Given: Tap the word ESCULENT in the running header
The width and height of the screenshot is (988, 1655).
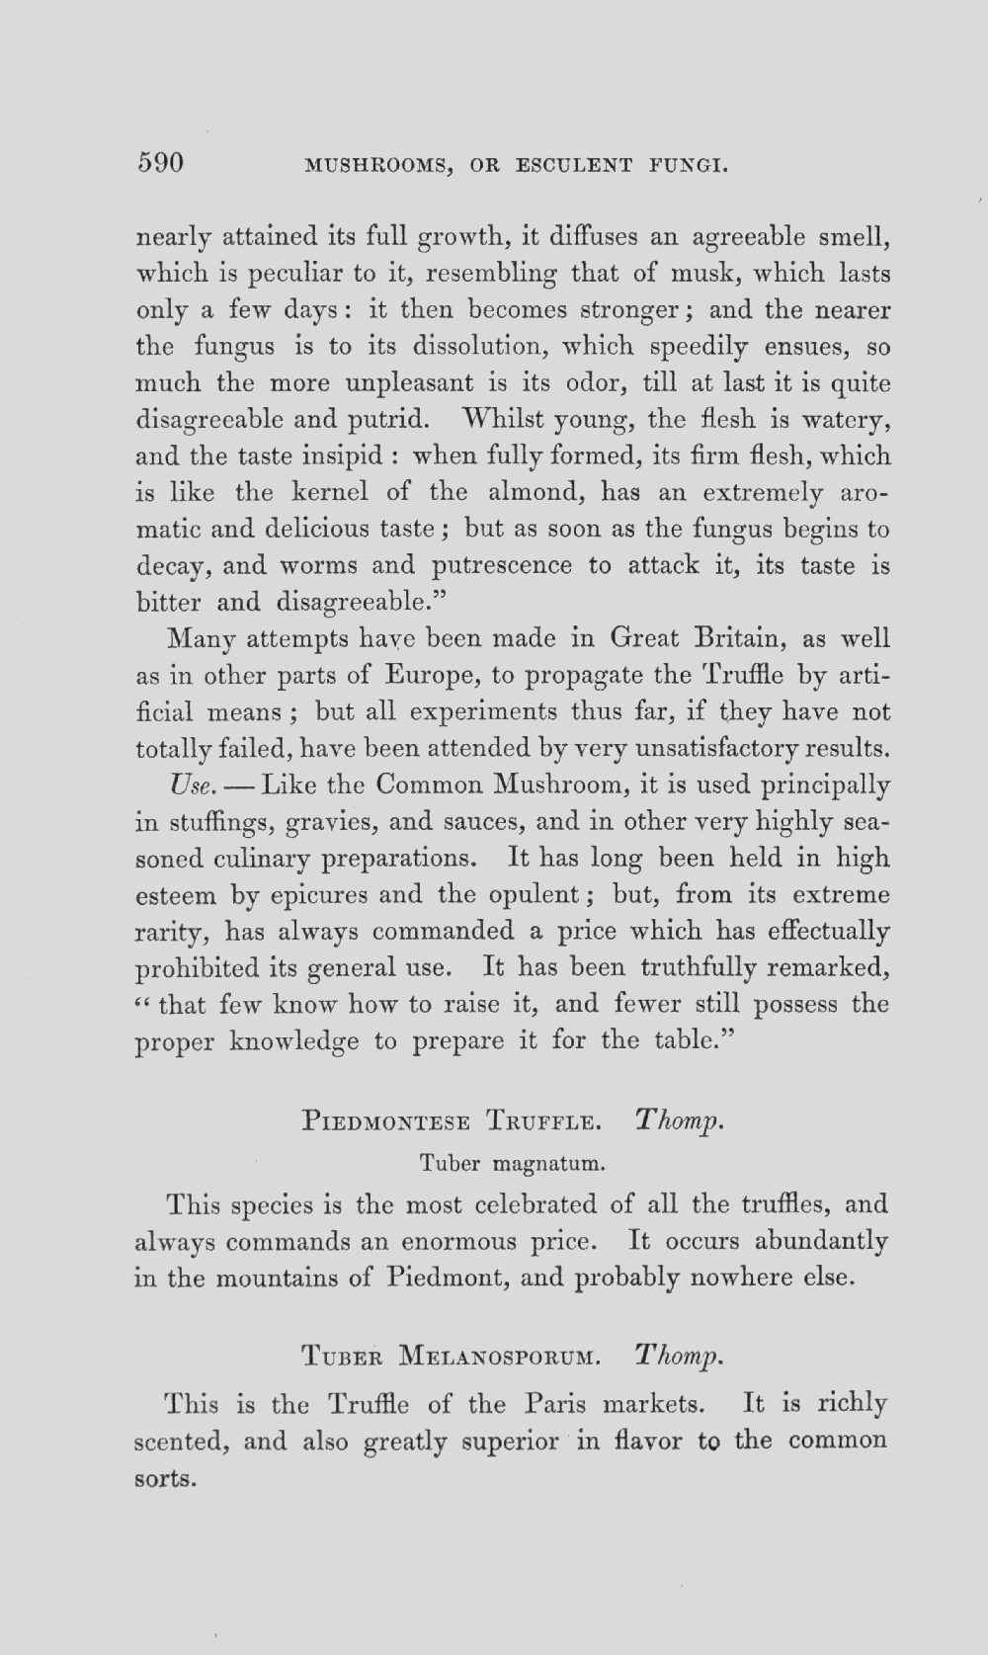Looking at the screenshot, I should (x=574, y=165).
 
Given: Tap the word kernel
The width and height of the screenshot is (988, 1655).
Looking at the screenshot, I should (x=330, y=492).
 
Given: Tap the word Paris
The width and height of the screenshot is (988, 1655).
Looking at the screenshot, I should (x=557, y=1404).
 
